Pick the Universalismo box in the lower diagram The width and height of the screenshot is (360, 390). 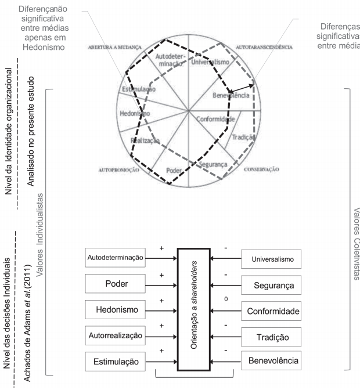tap(271, 259)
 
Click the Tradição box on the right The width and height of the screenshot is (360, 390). tap(271, 337)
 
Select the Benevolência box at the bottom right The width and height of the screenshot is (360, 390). tap(271, 362)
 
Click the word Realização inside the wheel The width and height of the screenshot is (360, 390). tap(142, 140)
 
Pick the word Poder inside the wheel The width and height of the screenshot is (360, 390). tap(174, 170)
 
